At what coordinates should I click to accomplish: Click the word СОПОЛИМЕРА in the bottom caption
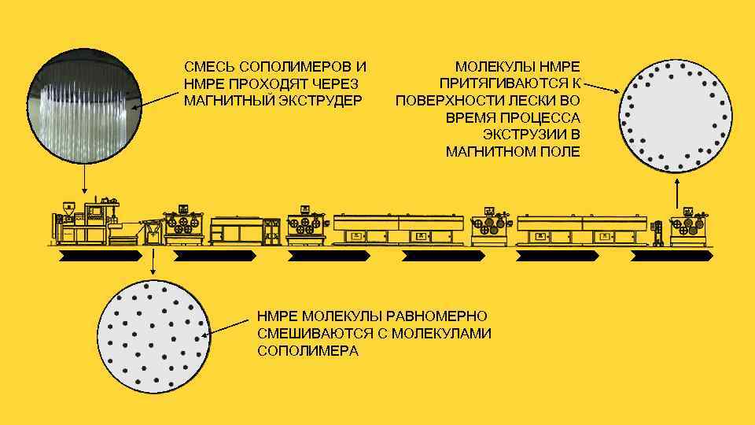click(x=308, y=351)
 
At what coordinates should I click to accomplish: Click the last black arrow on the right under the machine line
click(x=672, y=256)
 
